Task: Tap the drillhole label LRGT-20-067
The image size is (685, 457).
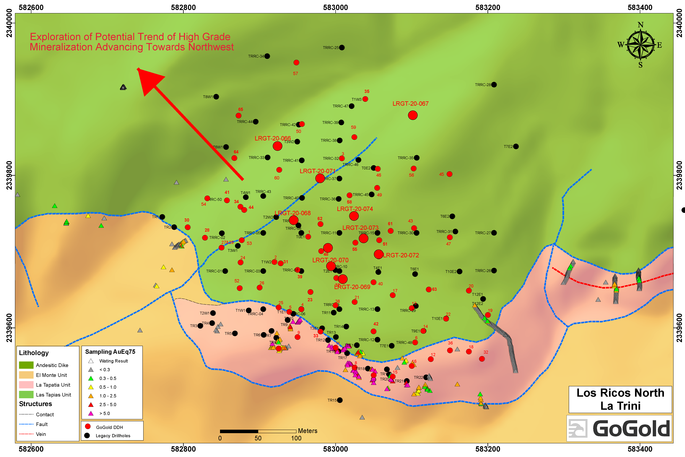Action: click(x=410, y=104)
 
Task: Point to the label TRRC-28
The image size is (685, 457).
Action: click(x=483, y=85)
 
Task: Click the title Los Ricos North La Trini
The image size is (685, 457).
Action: click(x=620, y=399)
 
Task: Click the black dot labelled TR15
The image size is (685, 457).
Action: click(x=340, y=400)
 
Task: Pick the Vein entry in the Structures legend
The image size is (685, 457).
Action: click(x=41, y=434)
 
